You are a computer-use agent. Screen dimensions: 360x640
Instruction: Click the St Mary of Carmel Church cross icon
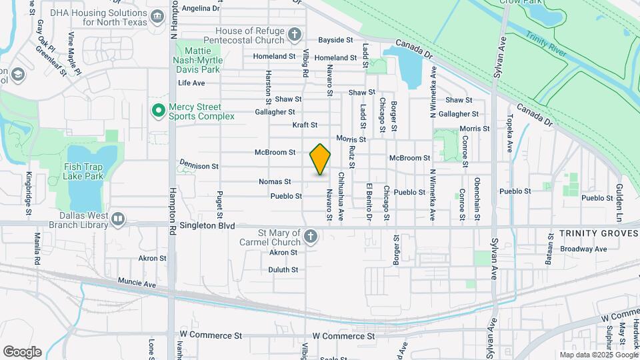pyautogui.click(x=310, y=236)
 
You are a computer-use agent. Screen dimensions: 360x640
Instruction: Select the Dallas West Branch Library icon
pyautogui.click(x=118, y=219)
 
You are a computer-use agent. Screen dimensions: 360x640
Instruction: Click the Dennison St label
pyautogui.click(x=199, y=165)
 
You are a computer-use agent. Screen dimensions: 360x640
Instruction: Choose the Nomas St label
pyautogui.click(x=275, y=181)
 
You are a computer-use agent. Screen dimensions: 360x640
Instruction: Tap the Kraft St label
pyautogui.click(x=305, y=125)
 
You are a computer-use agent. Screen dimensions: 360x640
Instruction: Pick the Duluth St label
pyautogui.click(x=283, y=270)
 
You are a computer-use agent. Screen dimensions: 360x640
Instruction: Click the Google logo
pyautogui.click(x=22, y=351)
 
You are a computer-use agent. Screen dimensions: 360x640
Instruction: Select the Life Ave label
pyautogui.click(x=191, y=83)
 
